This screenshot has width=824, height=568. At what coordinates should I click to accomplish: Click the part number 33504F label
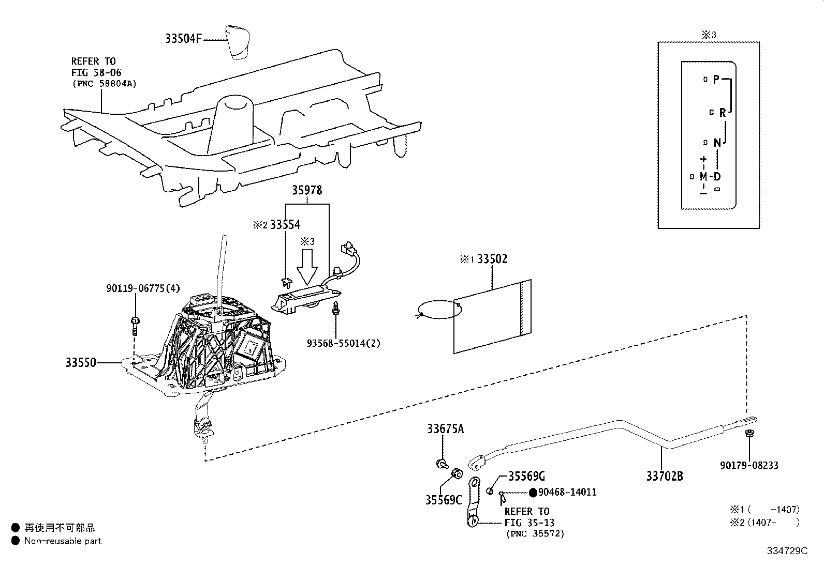tap(183, 39)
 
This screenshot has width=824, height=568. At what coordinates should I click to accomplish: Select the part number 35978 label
tap(307, 191)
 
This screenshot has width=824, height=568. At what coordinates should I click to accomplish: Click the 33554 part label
tap(285, 225)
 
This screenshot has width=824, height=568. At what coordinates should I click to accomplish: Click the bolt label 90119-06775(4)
tap(143, 289)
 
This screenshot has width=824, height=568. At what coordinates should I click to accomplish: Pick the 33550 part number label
tap(81, 363)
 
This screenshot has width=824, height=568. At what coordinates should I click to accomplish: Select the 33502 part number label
tap(492, 259)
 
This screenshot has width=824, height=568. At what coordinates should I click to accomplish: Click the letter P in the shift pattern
tap(716, 79)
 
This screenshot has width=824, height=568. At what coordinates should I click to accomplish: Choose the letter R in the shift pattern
tap(723, 113)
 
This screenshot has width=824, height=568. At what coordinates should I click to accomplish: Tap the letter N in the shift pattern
tap(717, 143)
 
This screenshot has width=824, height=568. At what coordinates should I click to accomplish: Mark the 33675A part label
tap(446, 429)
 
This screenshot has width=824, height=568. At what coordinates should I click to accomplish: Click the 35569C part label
tap(444, 500)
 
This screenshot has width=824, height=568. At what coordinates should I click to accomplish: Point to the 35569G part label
tap(526, 476)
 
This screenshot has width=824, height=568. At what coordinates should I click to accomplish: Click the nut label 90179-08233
tap(749, 466)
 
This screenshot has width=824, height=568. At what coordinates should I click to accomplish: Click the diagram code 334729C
tap(787, 551)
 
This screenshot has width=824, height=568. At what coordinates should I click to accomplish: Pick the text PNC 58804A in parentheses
tap(104, 83)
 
